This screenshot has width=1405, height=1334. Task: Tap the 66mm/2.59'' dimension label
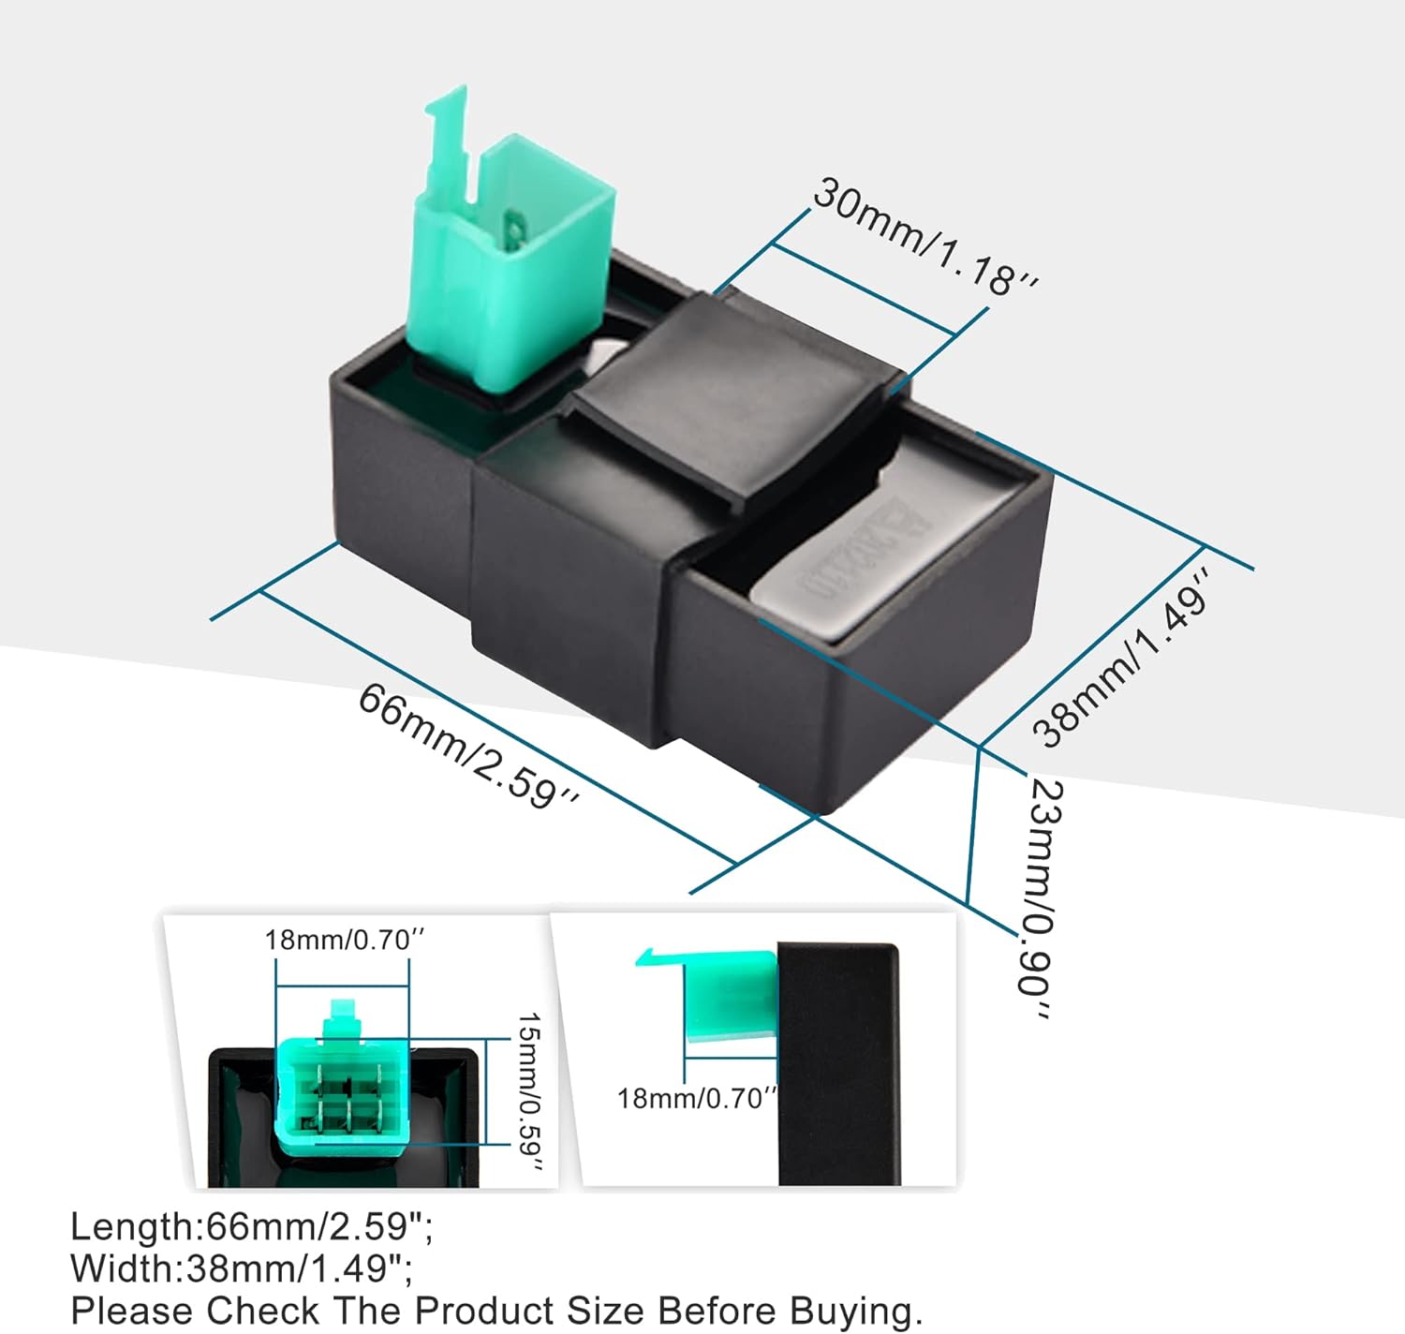[x=468, y=746]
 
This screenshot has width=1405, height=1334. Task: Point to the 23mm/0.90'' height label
[x=1040, y=899]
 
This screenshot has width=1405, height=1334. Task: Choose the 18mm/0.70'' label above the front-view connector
[x=337, y=940]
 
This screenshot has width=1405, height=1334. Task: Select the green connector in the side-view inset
[x=731, y=998]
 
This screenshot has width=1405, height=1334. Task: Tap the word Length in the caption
[x=132, y=1226]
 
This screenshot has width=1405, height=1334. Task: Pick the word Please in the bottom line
[x=132, y=1311]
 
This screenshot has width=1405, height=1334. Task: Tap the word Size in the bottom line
[x=608, y=1311]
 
